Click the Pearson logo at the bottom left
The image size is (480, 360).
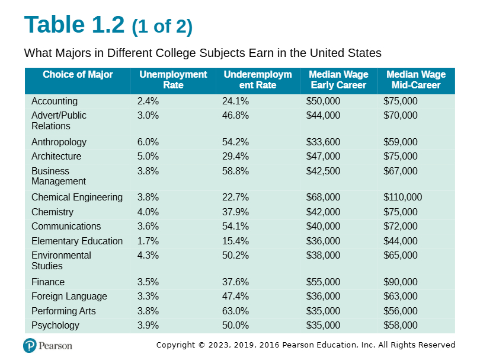pyautogui.click(x=47, y=346)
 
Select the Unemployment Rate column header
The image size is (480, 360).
pyautogui.click(x=173, y=79)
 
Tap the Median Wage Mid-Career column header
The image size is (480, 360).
pyautogui.click(x=416, y=79)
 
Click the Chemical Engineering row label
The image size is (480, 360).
pyautogui.click(x=77, y=197)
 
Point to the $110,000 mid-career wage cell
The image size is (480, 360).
pyautogui.click(x=402, y=197)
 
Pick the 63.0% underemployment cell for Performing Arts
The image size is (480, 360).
pyautogui.click(x=235, y=311)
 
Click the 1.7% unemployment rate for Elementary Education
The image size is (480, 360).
pyautogui.click(x=148, y=241)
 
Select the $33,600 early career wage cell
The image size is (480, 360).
pyautogui.click(x=323, y=142)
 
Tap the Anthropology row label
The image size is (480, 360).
pyautogui.click(x=59, y=142)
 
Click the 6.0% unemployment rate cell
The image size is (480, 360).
pyautogui.click(x=148, y=142)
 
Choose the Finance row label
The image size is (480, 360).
pyautogui.click(x=48, y=282)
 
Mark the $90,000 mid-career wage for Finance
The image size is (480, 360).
pyautogui.click(x=401, y=282)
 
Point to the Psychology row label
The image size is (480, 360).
pyautogui.click(x=56, y=326)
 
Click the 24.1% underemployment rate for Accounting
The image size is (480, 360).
pyautogui.click(x=235, y=101)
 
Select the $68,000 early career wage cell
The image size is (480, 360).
pyautogui.click(x=323, y=197)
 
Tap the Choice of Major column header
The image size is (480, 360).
pyautogui.click(x=78, y=75)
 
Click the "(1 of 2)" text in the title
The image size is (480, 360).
pyautogui.click(x=162, y=27)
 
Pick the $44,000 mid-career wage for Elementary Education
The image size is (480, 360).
pyautogui.click(x=401, y=241)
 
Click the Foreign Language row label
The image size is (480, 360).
pyautogui.click(x=69, y=297)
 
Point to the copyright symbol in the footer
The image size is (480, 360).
pyautogui.click(x=201, y=345)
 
